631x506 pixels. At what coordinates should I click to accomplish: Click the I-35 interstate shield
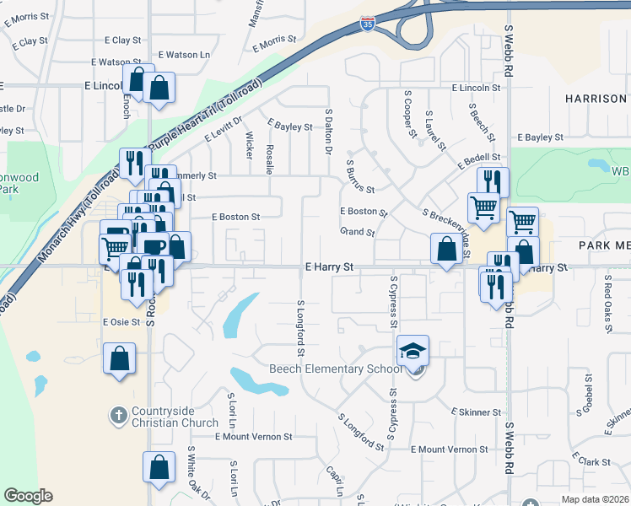pyautogui.click(x=367, y=24)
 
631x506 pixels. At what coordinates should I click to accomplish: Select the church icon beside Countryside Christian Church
pyautogui.click(x=119, y=415)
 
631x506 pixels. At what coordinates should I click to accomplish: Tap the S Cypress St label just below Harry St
pyautogui.click(x=393, y=300)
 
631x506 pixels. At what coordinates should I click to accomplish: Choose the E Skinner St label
pyautogui.click(x=477, y=412)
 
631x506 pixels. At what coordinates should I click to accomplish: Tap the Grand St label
pyautogui.click(x=358, y=232)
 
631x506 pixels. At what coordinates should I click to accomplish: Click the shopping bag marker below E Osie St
pyautogui.click(x=120, y=358)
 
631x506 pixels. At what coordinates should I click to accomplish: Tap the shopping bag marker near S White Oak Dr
pyautogui.click(x=159, y=469)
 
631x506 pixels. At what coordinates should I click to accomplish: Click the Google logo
pyautogui.click(x=29, y=496)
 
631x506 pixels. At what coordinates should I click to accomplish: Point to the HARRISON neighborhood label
pyautogui.click(x=596, y=99)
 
